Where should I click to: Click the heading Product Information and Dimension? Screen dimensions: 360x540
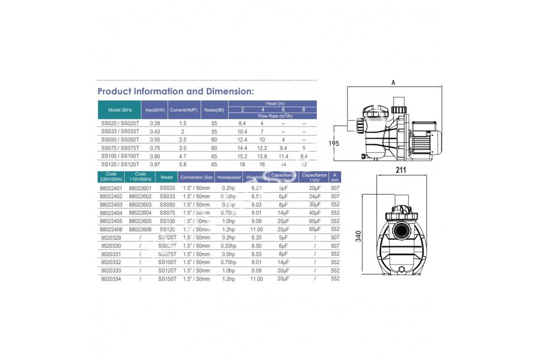(175, 91)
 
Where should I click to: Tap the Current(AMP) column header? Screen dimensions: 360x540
(184, 110)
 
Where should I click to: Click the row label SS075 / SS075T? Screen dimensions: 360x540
(120, 148)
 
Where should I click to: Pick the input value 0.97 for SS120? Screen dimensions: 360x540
(154, 164)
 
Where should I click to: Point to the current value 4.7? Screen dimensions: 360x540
(183, 156)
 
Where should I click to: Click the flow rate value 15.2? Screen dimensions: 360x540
(242, 156)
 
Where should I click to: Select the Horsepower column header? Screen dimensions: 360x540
(229, 177)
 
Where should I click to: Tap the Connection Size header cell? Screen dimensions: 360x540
(196, 177)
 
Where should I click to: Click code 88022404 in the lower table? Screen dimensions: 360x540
(111, 212)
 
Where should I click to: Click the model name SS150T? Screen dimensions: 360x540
(166, 279)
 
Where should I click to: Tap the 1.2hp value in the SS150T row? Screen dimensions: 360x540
(228, 279)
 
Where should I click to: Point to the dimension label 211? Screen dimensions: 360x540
(400, 170)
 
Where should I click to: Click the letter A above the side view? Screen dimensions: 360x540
(393, 83)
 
